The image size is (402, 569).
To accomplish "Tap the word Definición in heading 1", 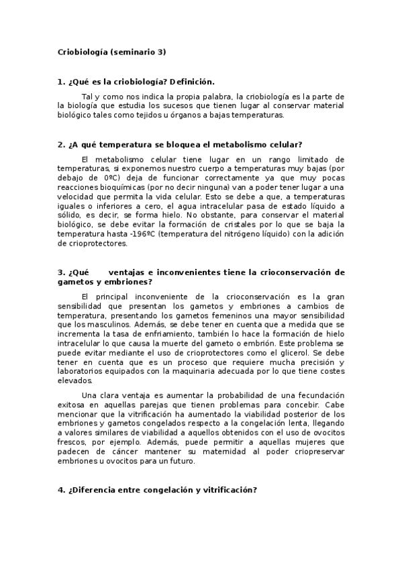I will pyautogui.click(x=191, y=81).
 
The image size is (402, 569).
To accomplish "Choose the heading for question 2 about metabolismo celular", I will pyautogui.click(x=180, y=144).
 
